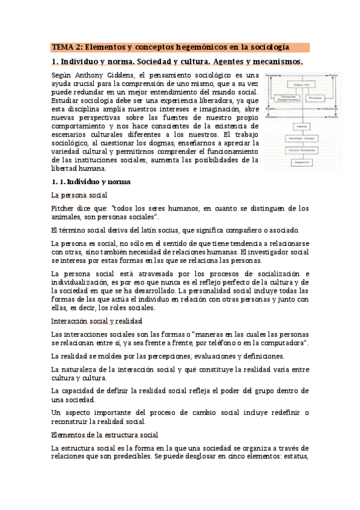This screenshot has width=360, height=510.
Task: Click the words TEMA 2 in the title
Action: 65,46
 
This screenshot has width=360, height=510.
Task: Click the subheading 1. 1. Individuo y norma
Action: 91,182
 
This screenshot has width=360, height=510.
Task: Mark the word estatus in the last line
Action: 294,456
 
